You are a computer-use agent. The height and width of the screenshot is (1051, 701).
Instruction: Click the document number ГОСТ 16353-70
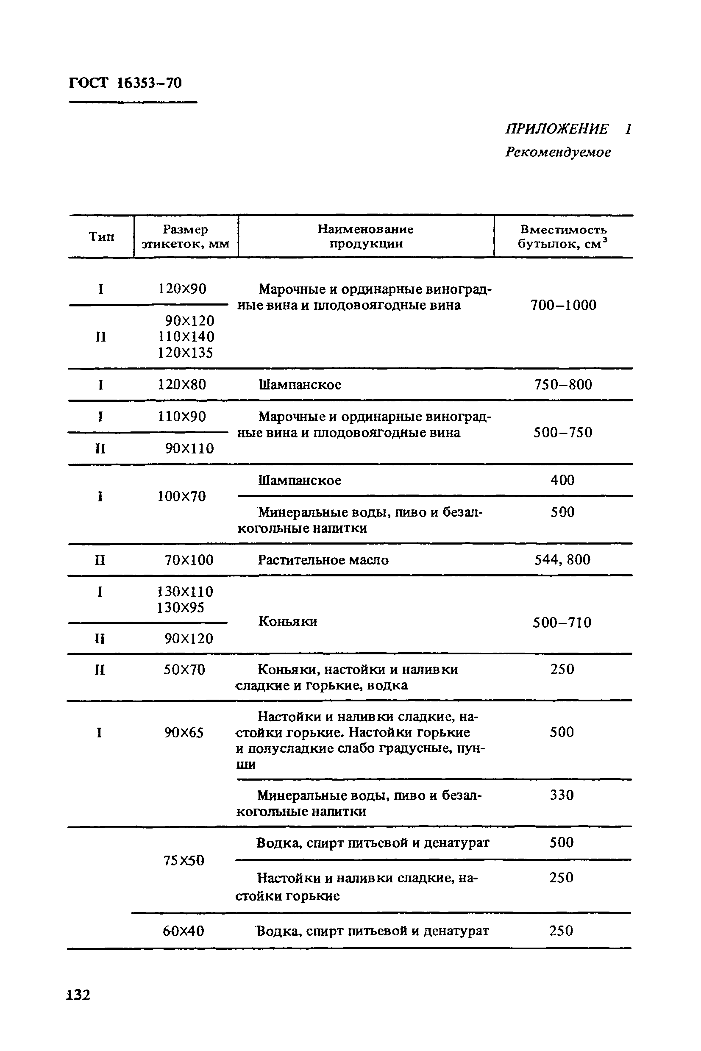[x=125, y=83]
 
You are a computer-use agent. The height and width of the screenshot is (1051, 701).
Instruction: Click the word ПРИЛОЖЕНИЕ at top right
[x=556, y=129]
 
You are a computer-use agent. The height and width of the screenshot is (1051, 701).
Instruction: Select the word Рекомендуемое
[x=558, y=153]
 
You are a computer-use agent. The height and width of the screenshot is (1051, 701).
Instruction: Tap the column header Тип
[x=101, y=236]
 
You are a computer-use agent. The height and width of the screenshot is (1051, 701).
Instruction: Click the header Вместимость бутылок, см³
[x=563, y=236]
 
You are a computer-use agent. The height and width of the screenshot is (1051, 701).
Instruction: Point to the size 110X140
[x=186, y=336]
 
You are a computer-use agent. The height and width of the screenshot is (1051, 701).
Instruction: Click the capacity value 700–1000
[x=563, y=305]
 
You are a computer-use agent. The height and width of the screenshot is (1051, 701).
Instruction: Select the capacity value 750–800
[x=563, y=384]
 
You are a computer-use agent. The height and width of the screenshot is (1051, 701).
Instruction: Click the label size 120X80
[x=182, y=384]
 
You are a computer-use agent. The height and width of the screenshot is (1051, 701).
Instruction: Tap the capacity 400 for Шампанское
[x=562, y=480]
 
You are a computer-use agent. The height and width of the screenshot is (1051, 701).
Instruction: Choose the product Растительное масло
[x=323, y=560]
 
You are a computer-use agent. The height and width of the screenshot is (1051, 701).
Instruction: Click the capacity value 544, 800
[x=562, y=560]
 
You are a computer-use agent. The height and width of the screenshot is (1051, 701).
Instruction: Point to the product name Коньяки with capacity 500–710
[x=288, y=621]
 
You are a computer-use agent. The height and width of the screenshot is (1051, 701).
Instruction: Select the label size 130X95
[x=181, y=608]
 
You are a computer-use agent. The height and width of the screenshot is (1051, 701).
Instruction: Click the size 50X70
[x=184, y=670]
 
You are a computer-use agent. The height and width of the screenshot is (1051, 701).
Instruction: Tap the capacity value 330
[x=562, y=795]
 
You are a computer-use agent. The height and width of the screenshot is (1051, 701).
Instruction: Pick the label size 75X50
[x=184, y=861]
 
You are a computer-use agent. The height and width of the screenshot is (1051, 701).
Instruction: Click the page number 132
[x=79, y=995]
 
